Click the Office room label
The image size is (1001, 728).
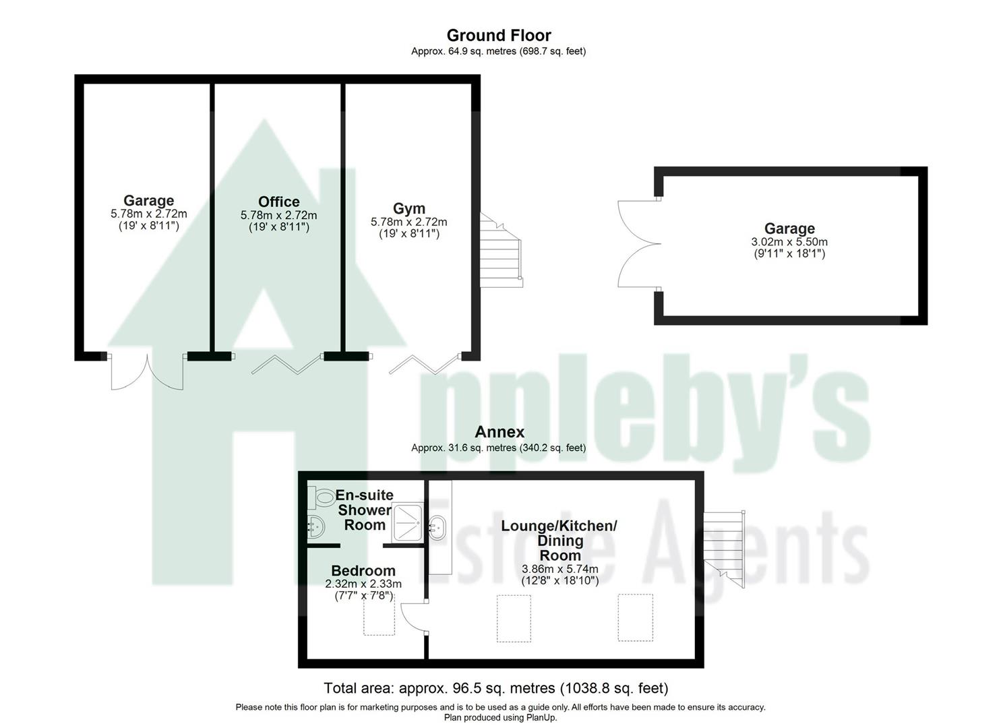[278, 202]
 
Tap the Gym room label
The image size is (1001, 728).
[408, 208]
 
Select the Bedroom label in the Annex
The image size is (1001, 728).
[363, 570]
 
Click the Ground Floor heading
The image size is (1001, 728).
[499, 35]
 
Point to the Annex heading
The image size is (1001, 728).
[499, 431]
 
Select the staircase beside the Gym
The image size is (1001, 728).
[501, 250]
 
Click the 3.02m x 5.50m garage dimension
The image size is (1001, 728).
[789, 242]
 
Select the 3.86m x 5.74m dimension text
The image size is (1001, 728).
[559, 569]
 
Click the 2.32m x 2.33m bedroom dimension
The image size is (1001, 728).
[363, 584]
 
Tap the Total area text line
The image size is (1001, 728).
[495, 688]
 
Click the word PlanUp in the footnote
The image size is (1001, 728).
[539, 717]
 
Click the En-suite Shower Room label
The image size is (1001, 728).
[364, 510]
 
